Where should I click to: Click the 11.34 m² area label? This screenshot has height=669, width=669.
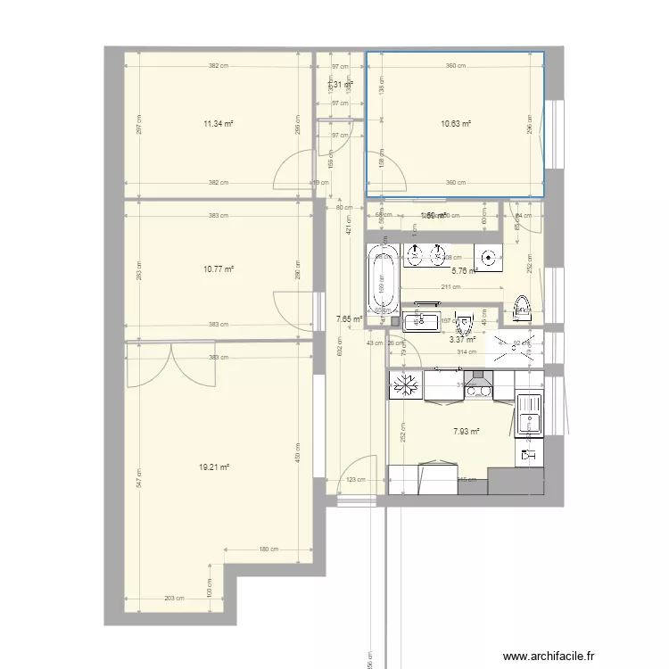[x=219, y=125]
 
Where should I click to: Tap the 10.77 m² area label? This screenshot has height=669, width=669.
[x=219, y=268]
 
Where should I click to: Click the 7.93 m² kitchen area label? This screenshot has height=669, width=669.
[x=466, y=432]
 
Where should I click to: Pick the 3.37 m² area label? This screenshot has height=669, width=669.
[x=462, y=339]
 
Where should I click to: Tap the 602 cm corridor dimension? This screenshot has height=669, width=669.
[x=340, y=352]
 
